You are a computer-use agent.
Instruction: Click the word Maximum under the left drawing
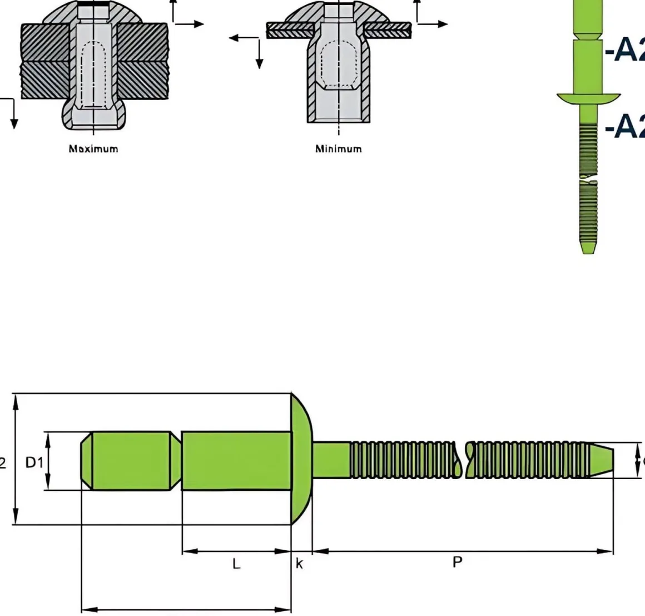(x=93, y=149)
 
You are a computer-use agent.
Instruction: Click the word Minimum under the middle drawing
(x=338, y=149)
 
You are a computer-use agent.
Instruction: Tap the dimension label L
(x=236, y=564)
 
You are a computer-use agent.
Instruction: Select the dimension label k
(x=299, y=564)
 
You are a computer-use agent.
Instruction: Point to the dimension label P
(x=457, y=562)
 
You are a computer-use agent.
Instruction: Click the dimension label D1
(x=34, y=462)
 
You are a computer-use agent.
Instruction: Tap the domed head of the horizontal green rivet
(x=302, y=459)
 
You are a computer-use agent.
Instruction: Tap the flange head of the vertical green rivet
(x=588, y=98)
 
